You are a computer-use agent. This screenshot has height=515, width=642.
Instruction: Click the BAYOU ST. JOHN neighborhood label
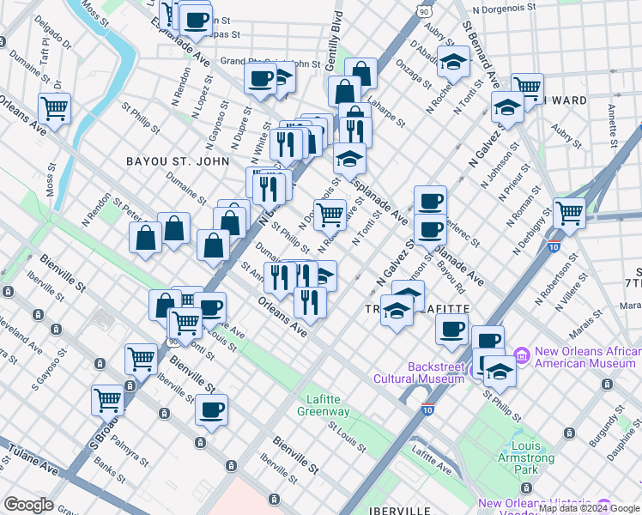(178, 161)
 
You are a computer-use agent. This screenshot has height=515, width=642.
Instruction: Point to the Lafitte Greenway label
(329, 406)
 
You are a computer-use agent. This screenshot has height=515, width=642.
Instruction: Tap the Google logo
(28, 505)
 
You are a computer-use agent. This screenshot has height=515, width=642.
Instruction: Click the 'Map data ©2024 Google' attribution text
(589, 508)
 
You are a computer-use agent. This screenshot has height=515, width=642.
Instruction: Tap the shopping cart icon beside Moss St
(55, 110)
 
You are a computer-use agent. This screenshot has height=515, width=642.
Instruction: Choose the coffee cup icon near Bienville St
(211, 409)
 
